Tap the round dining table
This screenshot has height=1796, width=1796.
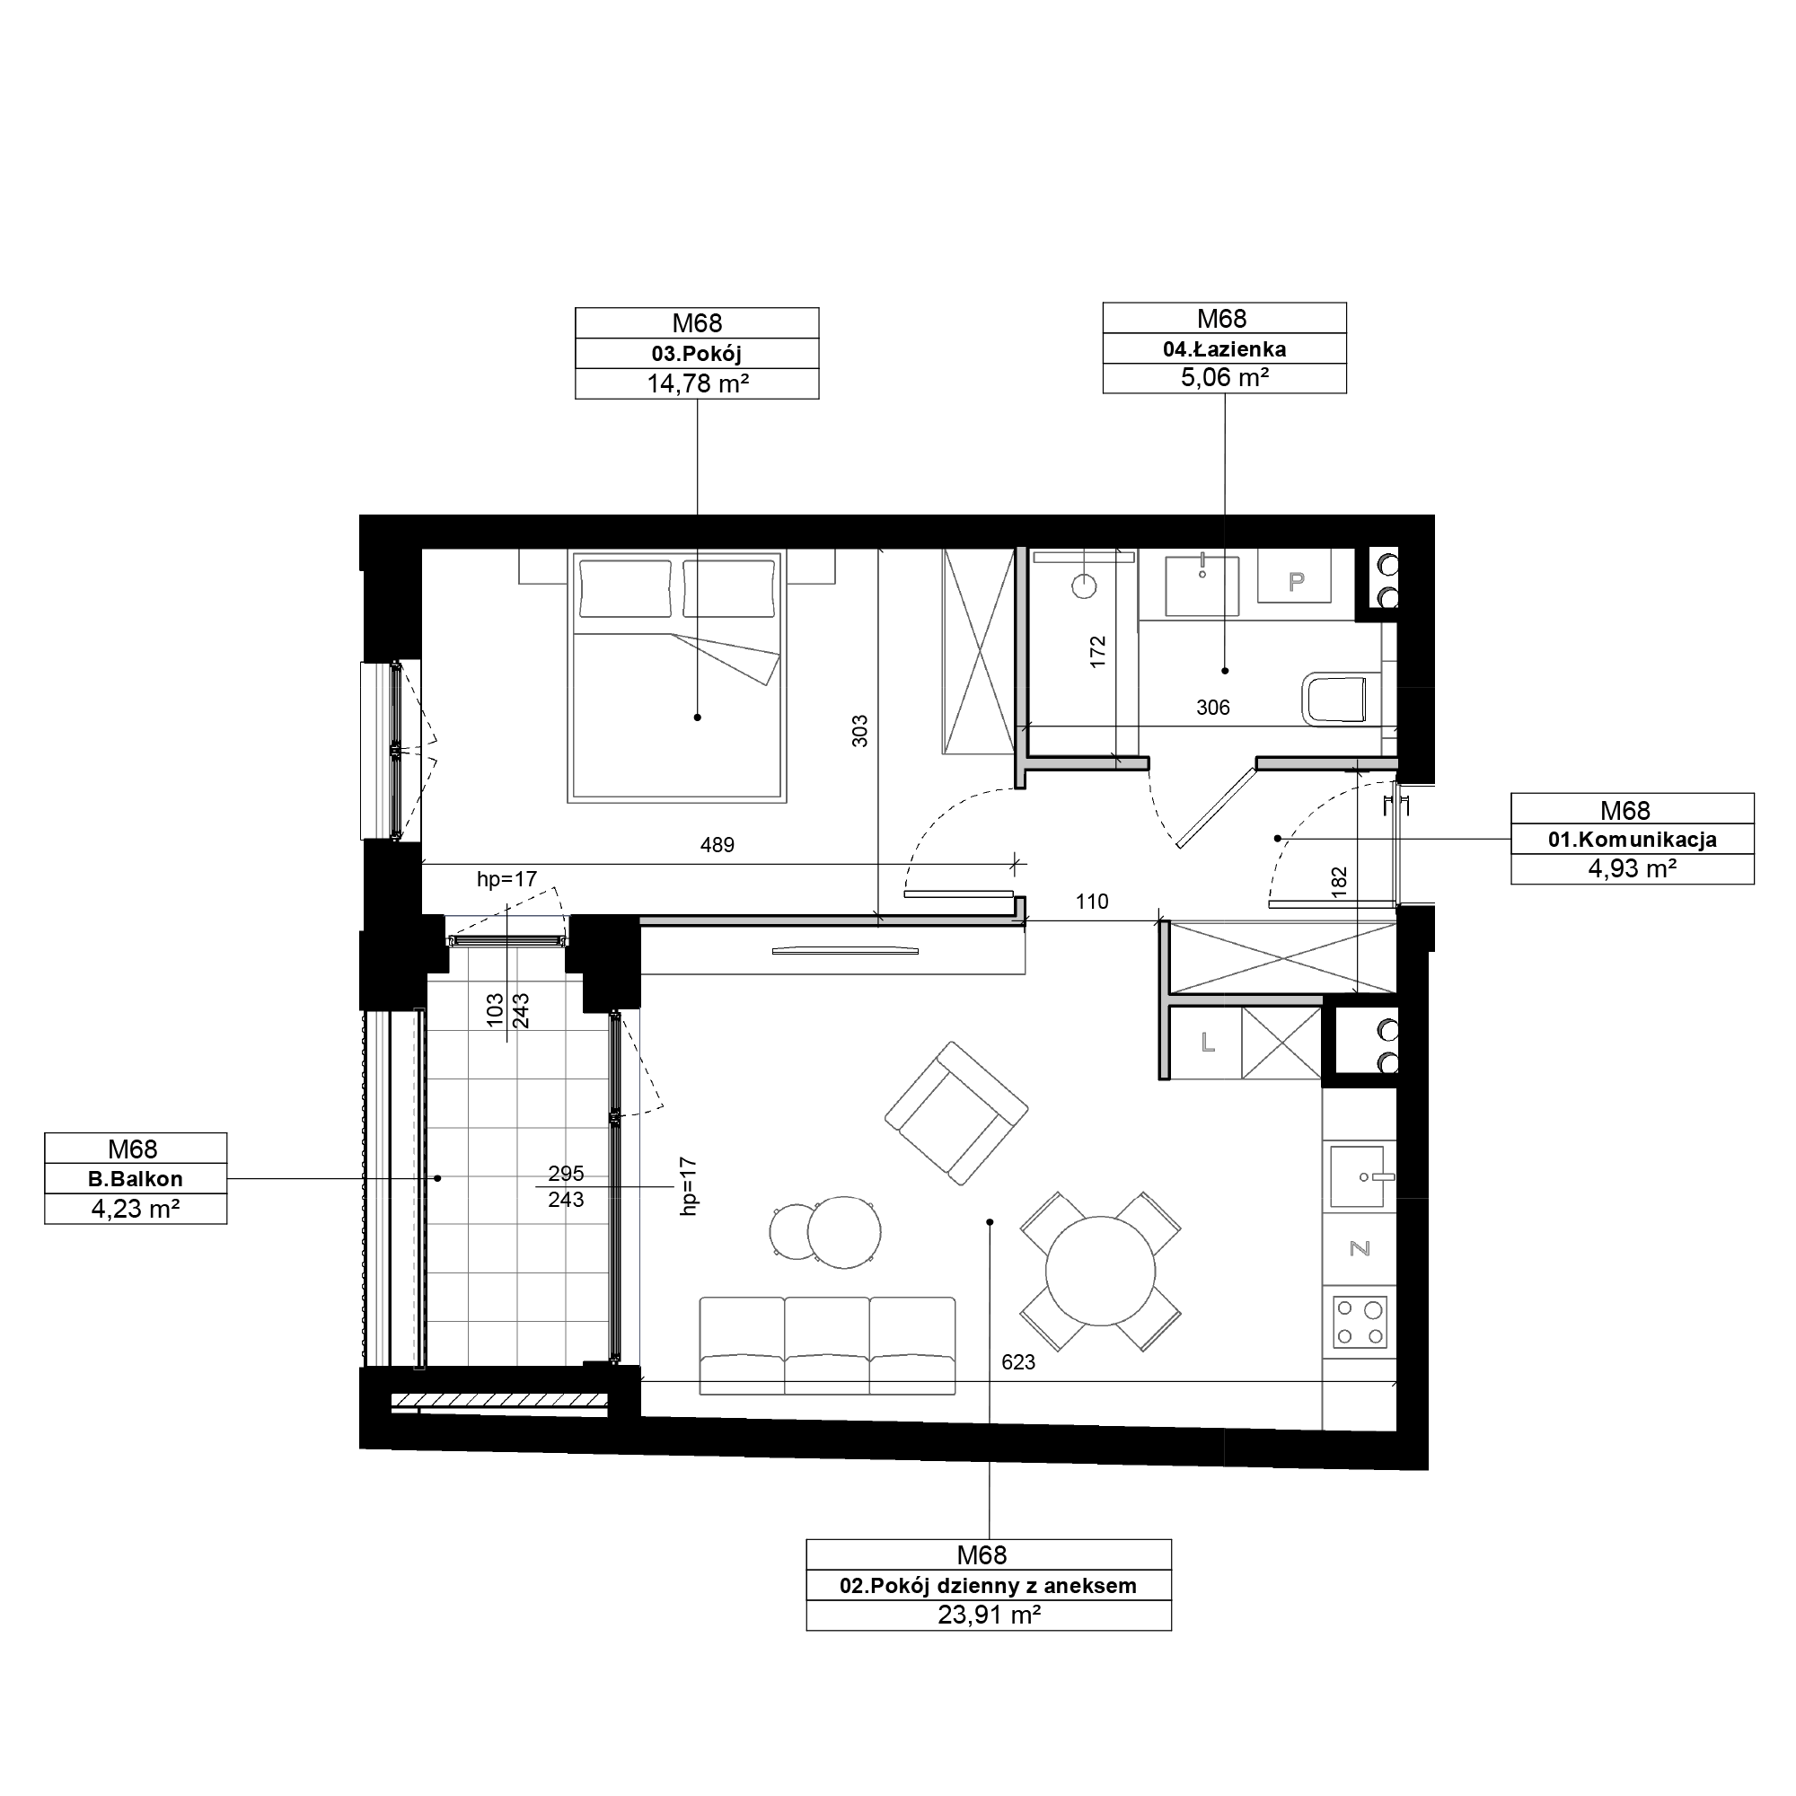[x=1101, y=1272]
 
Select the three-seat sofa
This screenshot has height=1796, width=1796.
[x=827, y=1345]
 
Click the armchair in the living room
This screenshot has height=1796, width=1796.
[x=956, y=1113]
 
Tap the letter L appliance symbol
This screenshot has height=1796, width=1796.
[x=1208, y=1043]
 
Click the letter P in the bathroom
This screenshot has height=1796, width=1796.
[x=1297, y=582]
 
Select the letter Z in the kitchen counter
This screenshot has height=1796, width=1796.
[x=1360, y=1248]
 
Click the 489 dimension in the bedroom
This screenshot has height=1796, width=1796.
[x=717, y=845]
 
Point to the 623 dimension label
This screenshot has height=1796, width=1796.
[x=1018, y=1362]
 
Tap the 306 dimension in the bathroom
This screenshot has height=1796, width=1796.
[x=1212, y=708]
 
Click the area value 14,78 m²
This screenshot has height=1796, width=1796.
[x=698, y=383]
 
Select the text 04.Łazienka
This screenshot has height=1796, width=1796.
[x=1224, y=348]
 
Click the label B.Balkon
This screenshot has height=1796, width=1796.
[x=136, y=1179]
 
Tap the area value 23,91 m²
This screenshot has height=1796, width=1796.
[x=989, y=1615]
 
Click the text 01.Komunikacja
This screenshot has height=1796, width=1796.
[x=1633, y=840]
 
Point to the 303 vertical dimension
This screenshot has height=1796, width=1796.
[x=860, y=731]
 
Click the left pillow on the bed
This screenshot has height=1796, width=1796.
[x=625, y=588]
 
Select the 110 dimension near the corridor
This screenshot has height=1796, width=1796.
[x=1092, y=901]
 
